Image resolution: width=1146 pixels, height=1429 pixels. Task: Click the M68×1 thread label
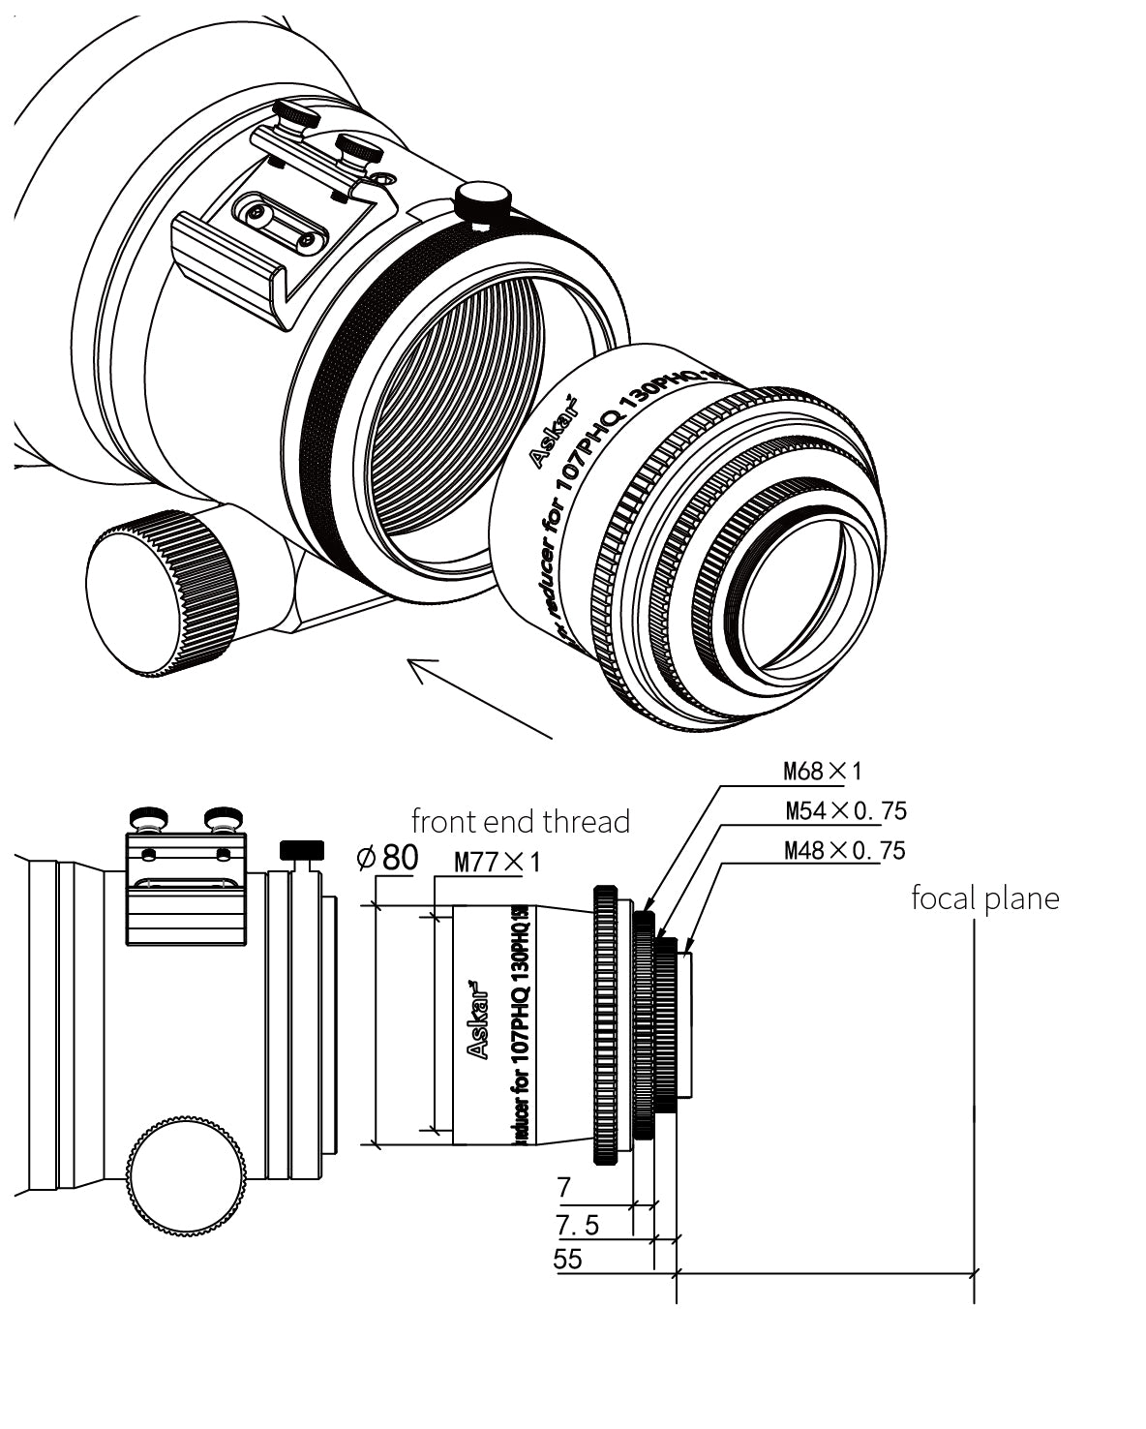click(821, 772)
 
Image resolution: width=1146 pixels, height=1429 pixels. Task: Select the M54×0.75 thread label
click(845, 810)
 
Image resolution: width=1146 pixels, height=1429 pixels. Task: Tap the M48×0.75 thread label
click(844, 850)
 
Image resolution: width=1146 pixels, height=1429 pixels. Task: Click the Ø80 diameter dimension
click(387, 858)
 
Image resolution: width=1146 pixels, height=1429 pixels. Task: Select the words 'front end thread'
click(521, 822)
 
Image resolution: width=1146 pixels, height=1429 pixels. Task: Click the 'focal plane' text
click(984, 898)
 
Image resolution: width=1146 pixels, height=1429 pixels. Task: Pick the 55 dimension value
click(567, 1259)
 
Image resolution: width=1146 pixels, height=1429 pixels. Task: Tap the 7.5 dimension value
click(578, 1225)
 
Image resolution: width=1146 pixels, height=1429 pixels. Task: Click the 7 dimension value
click(565, 1187)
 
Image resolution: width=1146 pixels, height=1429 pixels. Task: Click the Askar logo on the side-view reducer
click(477, 1020)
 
